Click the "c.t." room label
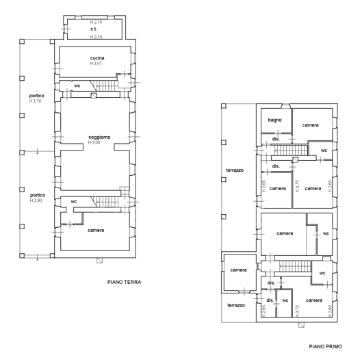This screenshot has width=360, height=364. pos(93,30)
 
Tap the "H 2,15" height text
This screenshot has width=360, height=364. pos(97,23)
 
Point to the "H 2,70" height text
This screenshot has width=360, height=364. pos(97,37)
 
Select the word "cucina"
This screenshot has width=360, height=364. pos(97,57)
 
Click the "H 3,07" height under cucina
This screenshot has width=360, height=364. pos(97,64)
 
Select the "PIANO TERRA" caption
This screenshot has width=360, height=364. pos(125,281)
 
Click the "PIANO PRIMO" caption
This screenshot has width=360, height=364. pos(323,347)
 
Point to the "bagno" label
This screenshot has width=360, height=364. pos(274,120)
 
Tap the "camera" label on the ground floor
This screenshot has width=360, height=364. pos(96,230)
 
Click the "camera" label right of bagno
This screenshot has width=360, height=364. pos(311,125)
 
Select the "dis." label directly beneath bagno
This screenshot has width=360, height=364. pos(276,139)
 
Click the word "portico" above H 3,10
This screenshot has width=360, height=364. pos(36,95)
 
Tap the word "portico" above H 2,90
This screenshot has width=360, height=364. pos(36,194)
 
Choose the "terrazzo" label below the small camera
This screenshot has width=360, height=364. pos(236,304)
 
